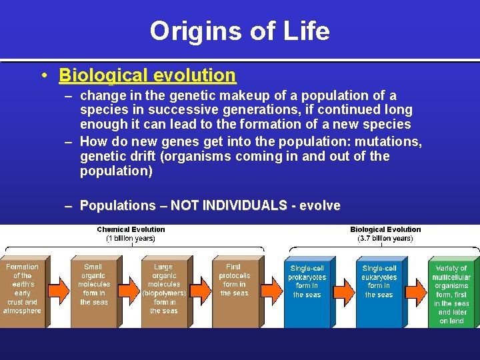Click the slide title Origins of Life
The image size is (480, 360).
pyautogui.click(x=239, y=31)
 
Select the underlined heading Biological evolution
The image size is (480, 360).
pyautogui.click(x=147, y=75)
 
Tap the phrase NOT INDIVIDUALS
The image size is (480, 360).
pyautogui.click(x=229, y=206)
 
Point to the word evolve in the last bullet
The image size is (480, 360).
pyautogui.click(x=319, y=206)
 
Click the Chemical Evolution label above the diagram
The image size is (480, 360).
pyautogui.click(x=131, y=229)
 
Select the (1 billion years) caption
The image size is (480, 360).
pyautogui.click(x=131, y=238)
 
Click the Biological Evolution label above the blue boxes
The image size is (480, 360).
pyautogui.click(x=385, y=229)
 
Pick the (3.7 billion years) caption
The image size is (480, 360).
pyautogui.click(x=385, y=238)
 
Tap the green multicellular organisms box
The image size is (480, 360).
pyautogui.click(x=451, y=294)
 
